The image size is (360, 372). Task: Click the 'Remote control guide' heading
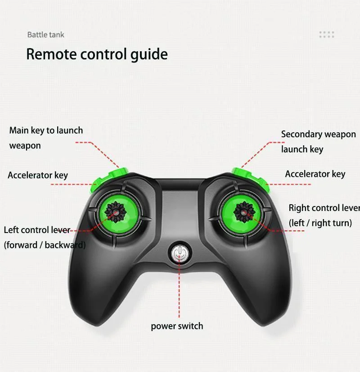coord(97,54)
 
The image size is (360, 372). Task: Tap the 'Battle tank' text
coord(46,35)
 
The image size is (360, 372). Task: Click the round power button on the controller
coord(179,254)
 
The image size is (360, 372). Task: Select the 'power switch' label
coord(177,326)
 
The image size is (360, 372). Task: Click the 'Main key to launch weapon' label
coord(46,138)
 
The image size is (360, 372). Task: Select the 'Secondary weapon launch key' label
coord(318,141)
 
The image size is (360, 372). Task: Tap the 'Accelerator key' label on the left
coord(38,175)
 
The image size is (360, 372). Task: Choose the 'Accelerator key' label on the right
coord(315,174)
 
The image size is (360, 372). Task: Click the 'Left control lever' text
coord(37,230)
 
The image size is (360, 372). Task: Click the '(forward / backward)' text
coord(45,245)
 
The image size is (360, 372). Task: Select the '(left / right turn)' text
coord(320,223)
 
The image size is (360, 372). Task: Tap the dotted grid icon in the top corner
coord(327,35)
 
